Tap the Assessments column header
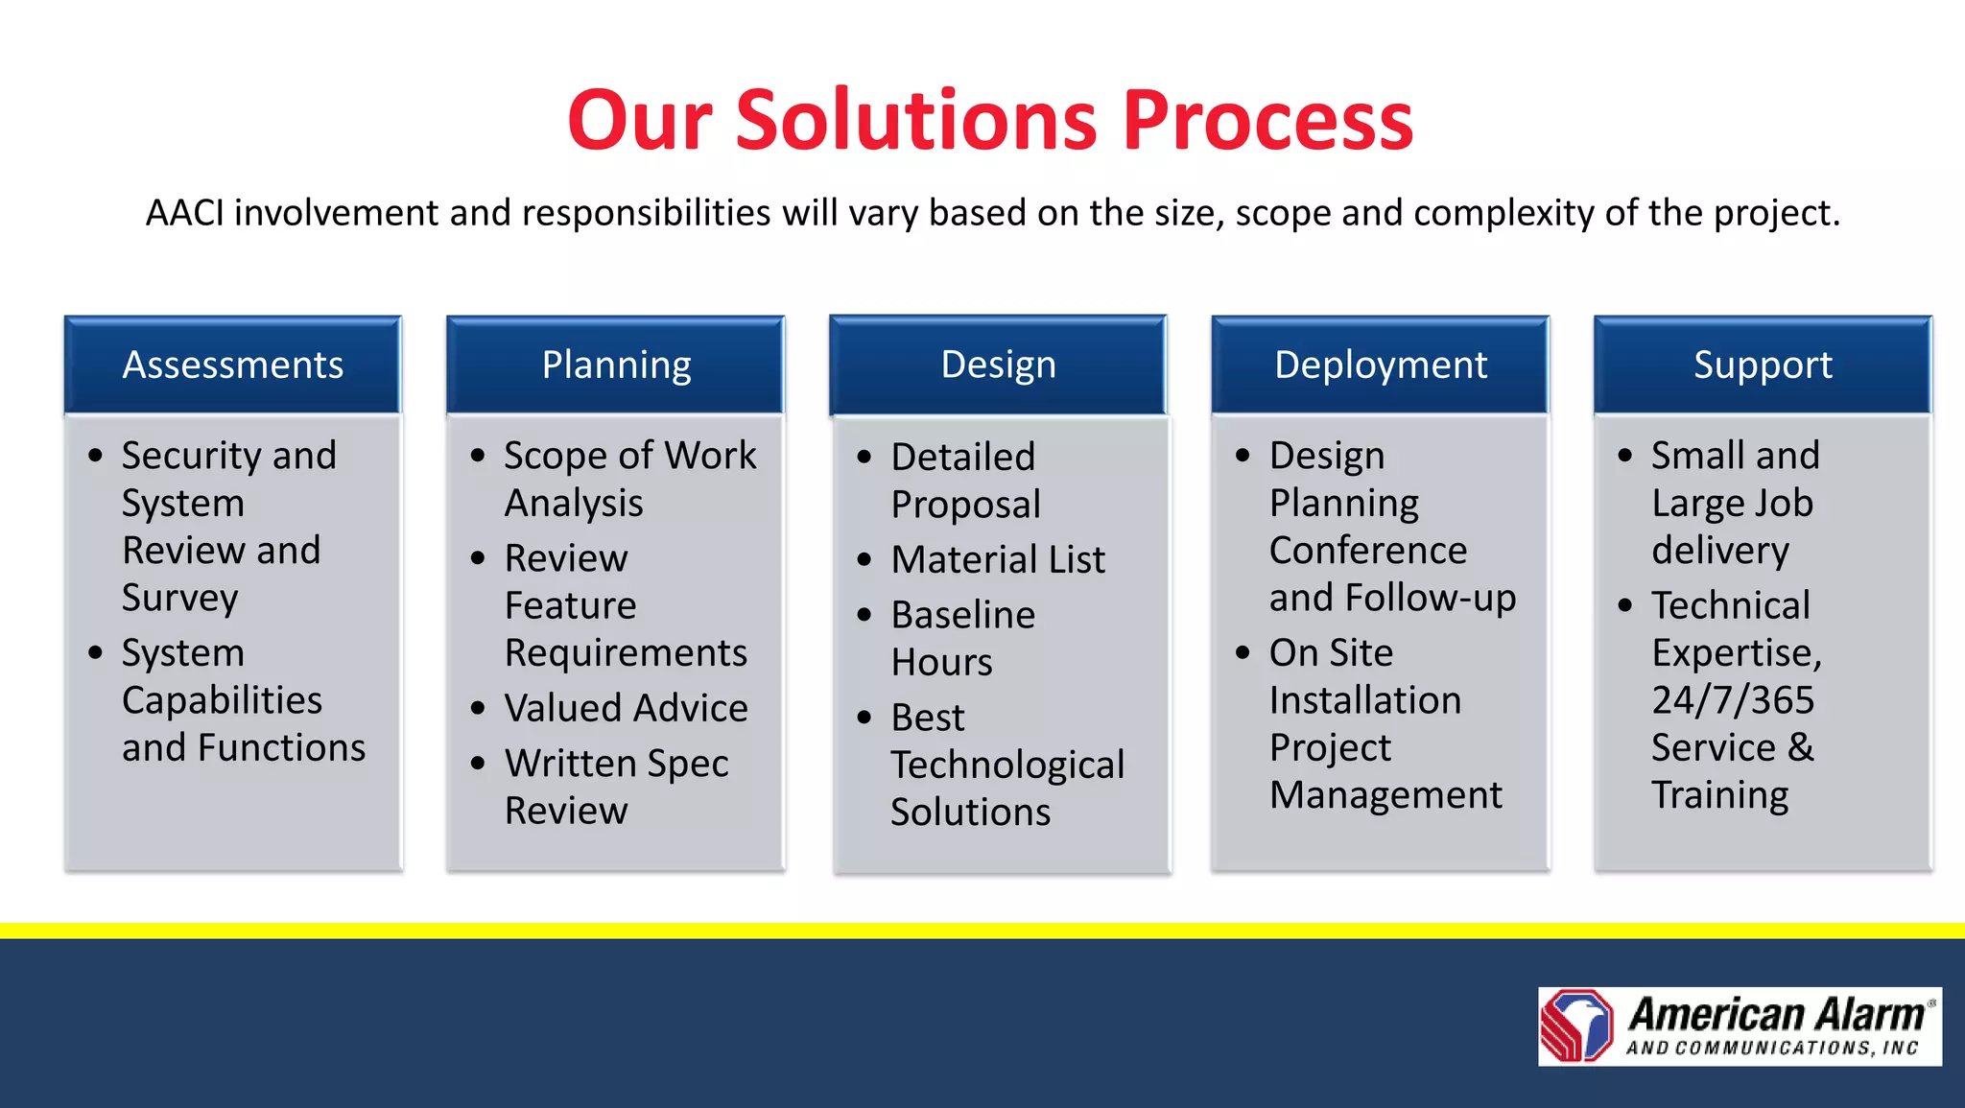pos(232,365)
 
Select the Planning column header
pos(616,365)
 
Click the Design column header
pos(998,365)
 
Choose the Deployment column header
pos(1380,365)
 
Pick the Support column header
pos(1763,365)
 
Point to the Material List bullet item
pos(998,559)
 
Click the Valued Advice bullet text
pos(626,708)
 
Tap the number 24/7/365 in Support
pos(1733,700)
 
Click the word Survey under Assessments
pos(179,599)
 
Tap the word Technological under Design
pos(1006,766)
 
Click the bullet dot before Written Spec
pos(478,764)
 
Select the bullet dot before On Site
pos(1243,653)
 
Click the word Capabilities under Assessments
pos(222,700)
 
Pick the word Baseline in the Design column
pos(962,615)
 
